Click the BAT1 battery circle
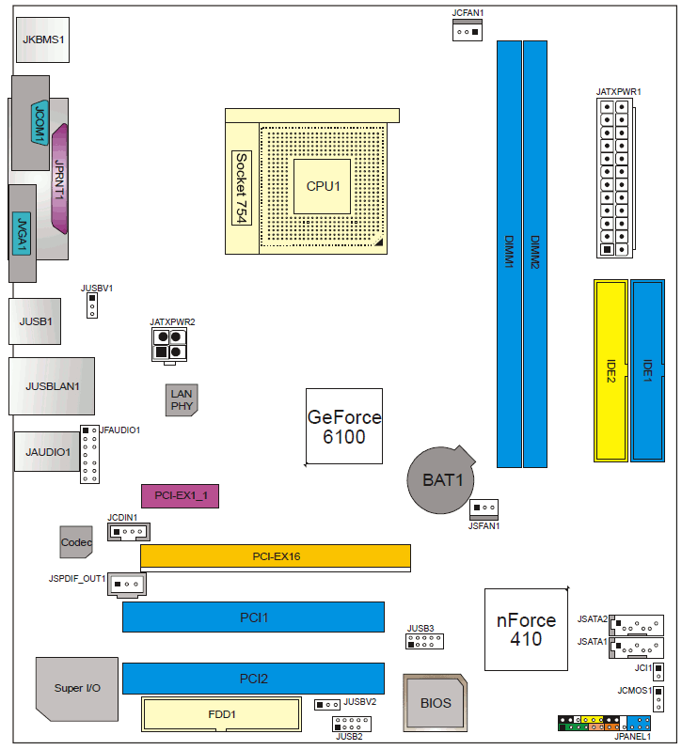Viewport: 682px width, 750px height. [441, 479]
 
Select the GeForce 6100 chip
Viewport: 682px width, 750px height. [344, 426]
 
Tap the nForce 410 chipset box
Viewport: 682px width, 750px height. [526, 630]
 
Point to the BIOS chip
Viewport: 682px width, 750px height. [435, 703]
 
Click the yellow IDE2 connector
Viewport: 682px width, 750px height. [611, 370]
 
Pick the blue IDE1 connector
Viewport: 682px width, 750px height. [647, 370]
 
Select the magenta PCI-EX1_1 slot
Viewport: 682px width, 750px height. [180, 496]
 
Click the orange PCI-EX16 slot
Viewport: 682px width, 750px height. [276, 556]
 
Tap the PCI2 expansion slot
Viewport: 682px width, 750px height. [253, 679]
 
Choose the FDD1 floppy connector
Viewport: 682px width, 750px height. [222, 714]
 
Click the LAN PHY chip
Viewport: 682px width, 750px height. [182, 399]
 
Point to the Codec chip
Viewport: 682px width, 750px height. [76, 542]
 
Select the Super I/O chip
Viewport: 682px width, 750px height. [77, 689]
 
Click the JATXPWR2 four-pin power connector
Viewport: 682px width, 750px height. [169, 345]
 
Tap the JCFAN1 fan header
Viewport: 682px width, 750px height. [468, 30]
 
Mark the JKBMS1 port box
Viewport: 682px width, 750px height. [42, 39]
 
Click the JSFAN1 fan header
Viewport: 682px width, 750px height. [484, 509]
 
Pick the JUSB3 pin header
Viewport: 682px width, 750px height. [424, 641]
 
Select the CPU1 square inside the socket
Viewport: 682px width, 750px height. [322, 186]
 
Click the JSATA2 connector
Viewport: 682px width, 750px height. [637, 625]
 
